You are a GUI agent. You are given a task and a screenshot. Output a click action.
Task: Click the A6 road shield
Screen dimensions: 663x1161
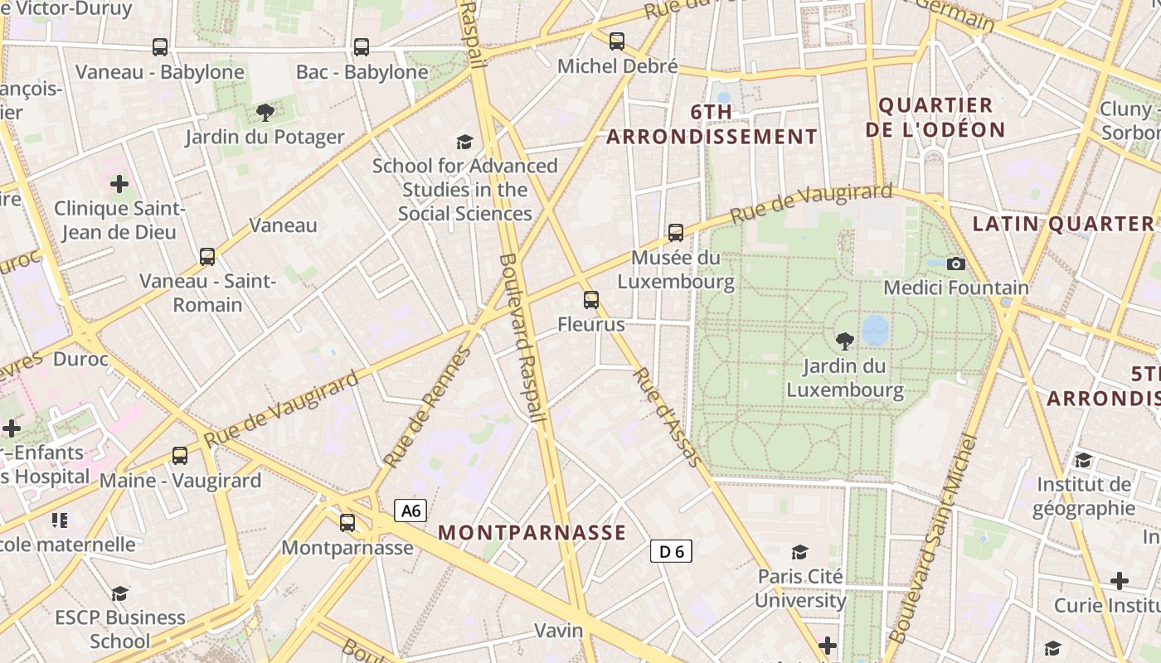click(410, 511)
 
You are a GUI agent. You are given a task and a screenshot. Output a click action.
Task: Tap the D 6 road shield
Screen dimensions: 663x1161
click(670, 551)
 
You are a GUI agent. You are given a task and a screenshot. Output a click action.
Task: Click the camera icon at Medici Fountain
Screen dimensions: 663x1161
click(956, 264)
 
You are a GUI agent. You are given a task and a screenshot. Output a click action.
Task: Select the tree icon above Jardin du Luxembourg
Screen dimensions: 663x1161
click(844, 341)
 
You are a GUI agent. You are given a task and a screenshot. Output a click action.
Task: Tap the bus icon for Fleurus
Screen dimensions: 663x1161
click(590, 300)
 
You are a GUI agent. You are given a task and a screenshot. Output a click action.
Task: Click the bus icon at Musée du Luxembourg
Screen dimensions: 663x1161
click(676, 233)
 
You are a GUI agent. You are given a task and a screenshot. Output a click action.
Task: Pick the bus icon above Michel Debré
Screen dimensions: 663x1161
click(616, 41)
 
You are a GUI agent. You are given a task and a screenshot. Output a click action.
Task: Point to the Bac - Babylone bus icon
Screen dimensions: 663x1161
click(362, 47)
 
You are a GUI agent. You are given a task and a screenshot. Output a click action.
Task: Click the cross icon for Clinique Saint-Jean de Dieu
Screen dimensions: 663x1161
click(119, 183)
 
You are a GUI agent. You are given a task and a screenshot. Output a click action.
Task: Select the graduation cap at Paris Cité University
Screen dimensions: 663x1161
click(799, 552)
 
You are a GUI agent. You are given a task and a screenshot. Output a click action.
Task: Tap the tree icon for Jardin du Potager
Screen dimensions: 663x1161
click(265, 112)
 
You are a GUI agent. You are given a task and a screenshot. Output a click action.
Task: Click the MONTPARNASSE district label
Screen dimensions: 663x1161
click(532, 533)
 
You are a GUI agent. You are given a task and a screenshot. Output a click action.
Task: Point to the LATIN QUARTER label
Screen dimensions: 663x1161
click(1062, 224)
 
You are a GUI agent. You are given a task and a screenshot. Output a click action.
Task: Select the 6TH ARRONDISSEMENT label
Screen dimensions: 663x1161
click(712, 124)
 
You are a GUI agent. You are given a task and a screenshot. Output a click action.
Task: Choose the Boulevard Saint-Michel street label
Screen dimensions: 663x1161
click(933, 539)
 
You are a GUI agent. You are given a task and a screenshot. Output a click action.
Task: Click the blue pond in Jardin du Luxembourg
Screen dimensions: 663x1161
click(875, 330)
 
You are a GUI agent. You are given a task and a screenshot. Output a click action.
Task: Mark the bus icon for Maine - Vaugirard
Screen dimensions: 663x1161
click(180, 456)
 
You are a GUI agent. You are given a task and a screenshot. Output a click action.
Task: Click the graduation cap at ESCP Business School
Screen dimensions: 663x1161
click(120, 593)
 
